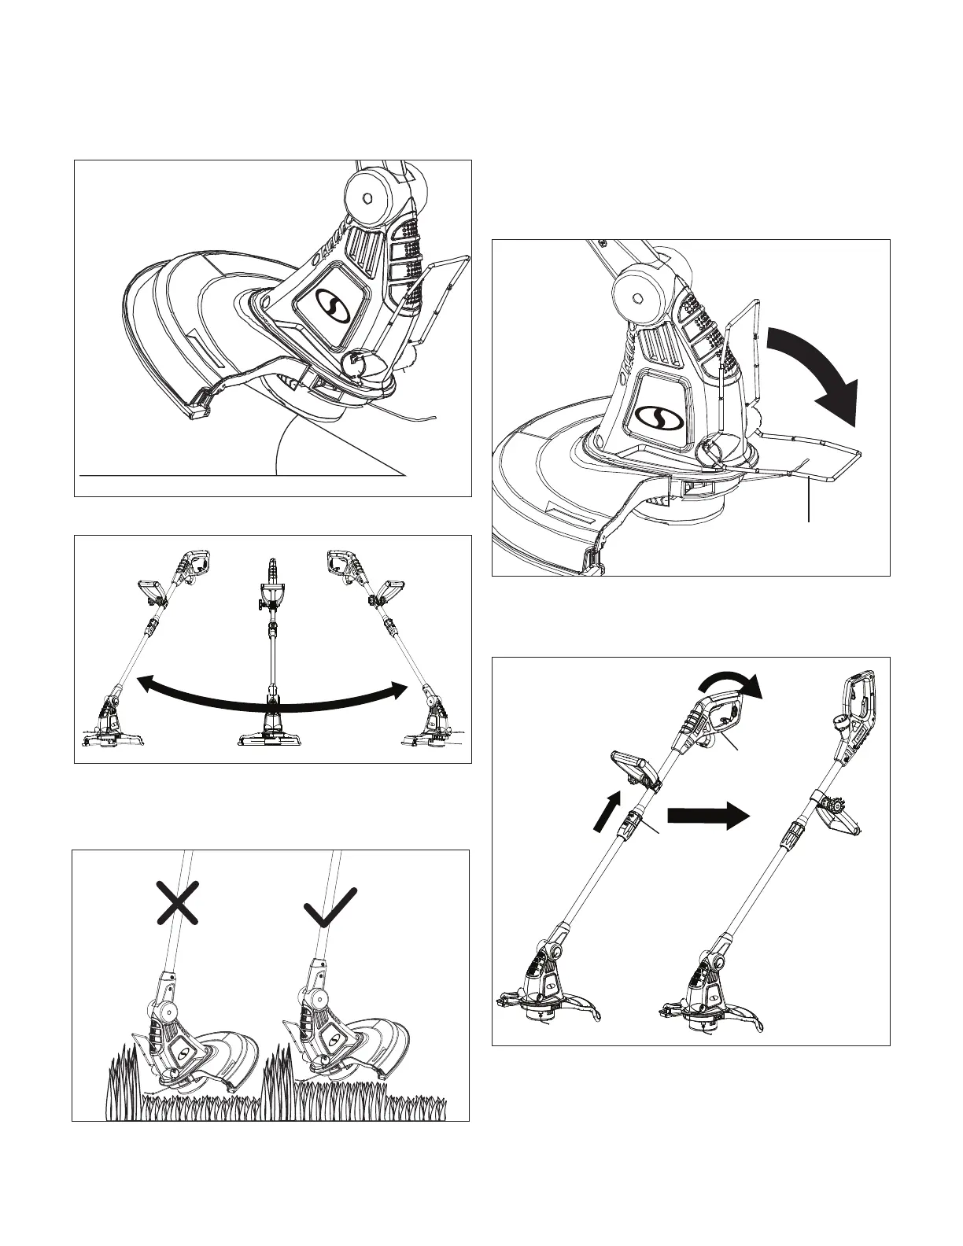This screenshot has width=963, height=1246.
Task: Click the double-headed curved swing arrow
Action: click(x=272, y=691)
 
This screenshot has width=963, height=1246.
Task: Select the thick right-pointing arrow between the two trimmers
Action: click(x=707, y=815)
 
